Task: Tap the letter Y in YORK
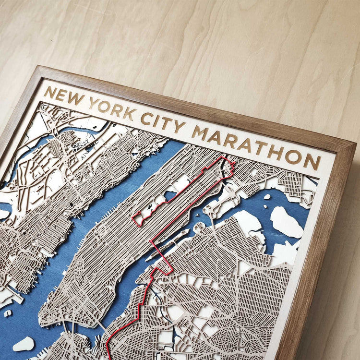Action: click(94, 104)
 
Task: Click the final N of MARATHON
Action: click(312, 160)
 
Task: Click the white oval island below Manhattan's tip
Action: click(23, 344)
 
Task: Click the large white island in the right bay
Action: click(286, 222)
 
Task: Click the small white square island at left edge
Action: click(8, 313)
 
